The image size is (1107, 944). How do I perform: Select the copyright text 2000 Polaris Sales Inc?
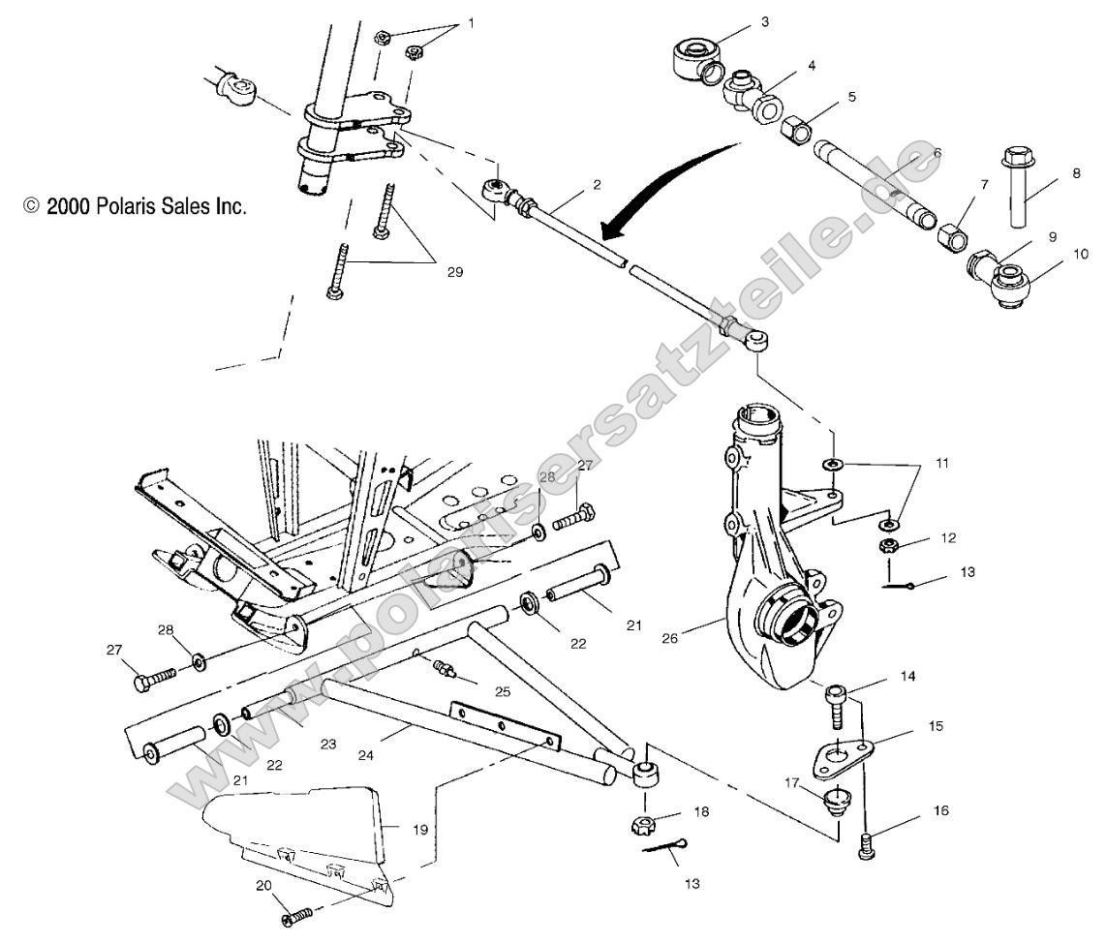point(136,206)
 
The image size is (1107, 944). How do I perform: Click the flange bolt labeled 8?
point(1017,188)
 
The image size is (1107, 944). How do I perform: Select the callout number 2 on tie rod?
point(598,184)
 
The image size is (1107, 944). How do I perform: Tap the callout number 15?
point(936,724)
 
